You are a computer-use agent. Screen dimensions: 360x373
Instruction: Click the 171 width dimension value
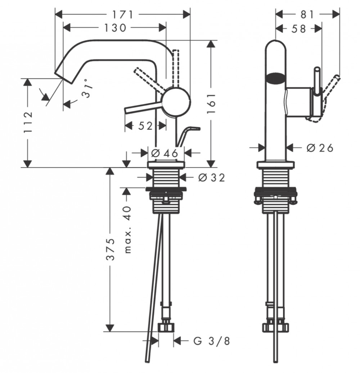tap(123, 15)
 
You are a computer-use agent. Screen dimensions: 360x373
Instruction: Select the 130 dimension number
tap(115, 28)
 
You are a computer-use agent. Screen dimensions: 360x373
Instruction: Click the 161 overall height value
tap(211, 103)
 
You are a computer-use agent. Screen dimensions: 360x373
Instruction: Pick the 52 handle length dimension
tap(145, 126)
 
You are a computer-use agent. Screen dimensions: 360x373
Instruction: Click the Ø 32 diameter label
tap(211, 177)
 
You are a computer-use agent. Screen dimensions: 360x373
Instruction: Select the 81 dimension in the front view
tap(307, 15)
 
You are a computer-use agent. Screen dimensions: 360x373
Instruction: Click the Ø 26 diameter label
tap(320, 148)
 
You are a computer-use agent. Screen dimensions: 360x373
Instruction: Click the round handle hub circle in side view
tap(176, 101)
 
